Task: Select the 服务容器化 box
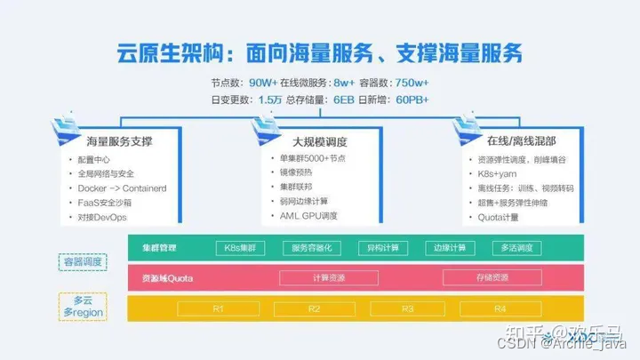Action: pos(312,248)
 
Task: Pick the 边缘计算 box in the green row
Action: pos(448,248)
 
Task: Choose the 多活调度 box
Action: pos(516,248)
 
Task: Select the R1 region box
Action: pos(218,308)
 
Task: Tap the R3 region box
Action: pos(408,308)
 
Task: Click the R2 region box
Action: pos(313,308)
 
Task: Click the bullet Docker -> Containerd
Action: pos(119,188)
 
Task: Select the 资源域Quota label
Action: pos(167,278)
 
